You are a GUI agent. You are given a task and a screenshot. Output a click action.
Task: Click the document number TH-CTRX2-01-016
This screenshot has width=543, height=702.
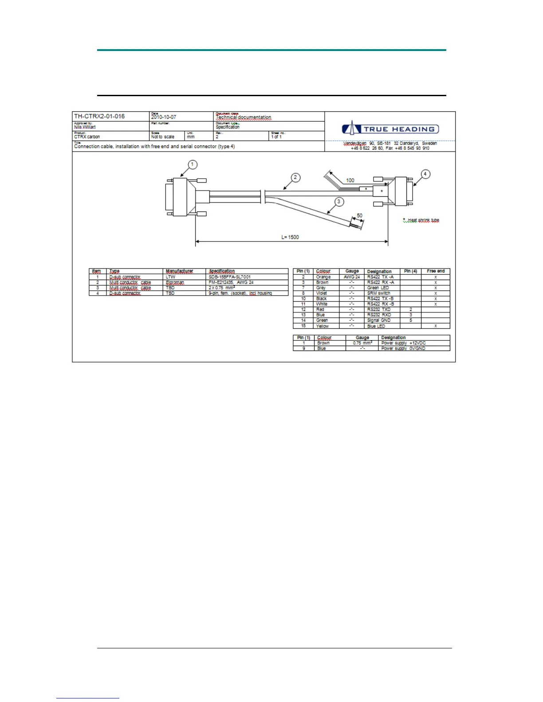coord(99,117)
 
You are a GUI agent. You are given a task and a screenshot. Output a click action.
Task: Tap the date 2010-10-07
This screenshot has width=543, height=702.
coord(164,117)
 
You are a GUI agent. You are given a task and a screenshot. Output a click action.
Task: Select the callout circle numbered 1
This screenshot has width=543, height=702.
coord(192,165)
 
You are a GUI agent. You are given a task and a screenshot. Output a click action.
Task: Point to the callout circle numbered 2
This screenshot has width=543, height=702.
coord(296,178)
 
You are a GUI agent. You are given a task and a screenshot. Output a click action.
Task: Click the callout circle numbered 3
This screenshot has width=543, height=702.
coord(339,202)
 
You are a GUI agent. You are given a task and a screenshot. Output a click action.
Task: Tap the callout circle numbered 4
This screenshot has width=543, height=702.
coord(425,174)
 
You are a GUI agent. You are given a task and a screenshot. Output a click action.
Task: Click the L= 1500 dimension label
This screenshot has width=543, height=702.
coord(290,237)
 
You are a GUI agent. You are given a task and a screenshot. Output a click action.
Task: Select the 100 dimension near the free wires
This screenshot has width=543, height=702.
coord(350,180)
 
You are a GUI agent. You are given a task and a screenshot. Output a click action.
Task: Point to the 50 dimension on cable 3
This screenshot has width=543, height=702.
coord(359,216)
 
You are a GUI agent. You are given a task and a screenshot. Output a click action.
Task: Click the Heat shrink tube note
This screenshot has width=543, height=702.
coord(421,220)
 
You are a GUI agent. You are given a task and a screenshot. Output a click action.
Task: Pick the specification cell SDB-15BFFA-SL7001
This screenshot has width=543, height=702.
coord(229,277)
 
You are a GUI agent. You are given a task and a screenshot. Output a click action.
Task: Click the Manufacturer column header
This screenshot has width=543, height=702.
coord(179,271)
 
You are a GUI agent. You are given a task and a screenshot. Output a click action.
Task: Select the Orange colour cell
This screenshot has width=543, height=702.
coord(323,277)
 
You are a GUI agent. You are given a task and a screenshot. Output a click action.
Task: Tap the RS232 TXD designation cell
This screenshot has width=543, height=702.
coord(378,309)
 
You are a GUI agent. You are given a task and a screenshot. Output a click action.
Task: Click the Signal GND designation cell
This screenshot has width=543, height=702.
coord(378,320)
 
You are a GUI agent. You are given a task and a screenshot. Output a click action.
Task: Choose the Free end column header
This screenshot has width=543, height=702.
coord(435,271)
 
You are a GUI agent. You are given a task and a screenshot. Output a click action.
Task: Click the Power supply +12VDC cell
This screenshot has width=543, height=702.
coord(403,343)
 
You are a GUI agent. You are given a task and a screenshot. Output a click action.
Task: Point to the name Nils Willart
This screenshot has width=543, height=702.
coord(85,127)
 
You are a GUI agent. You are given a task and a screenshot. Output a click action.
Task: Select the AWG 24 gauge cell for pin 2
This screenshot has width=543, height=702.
coord(352,277)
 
